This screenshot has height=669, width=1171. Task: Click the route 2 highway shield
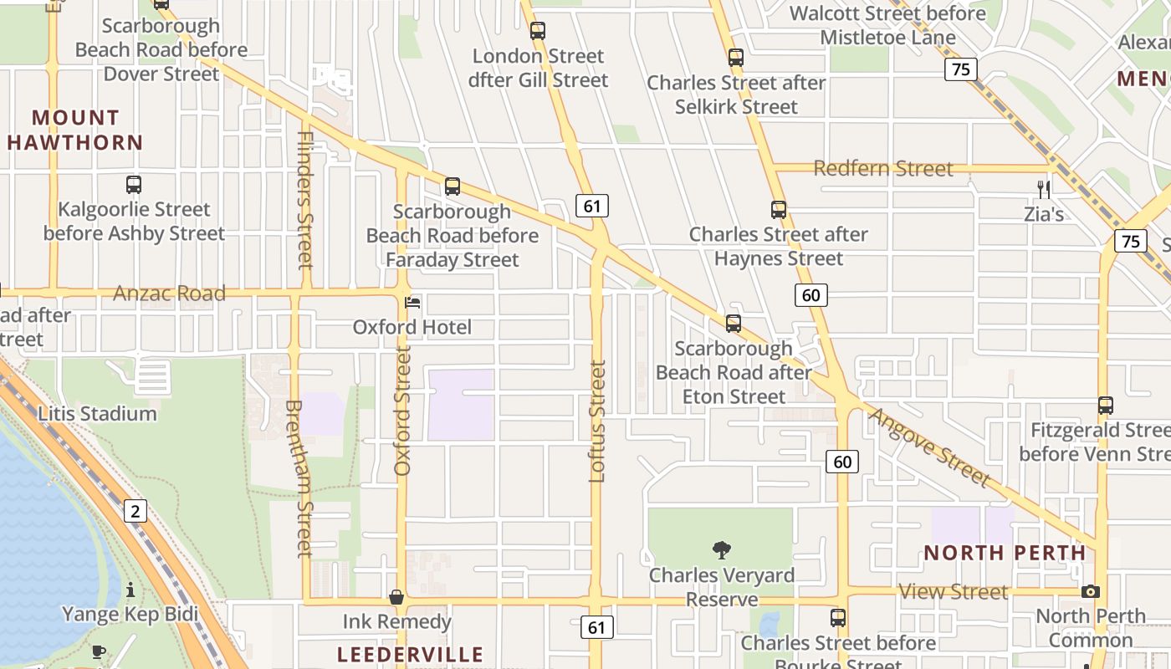tap(136, 510)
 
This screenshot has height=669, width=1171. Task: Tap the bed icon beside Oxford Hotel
tap(412, 302)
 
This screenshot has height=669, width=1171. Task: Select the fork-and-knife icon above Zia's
tap(1043, 189)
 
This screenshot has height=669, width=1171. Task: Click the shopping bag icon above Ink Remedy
tap(396, 597)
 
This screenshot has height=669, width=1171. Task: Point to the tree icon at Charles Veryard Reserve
tap(721, 549)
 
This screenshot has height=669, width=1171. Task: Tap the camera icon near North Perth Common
tap(1090, 591)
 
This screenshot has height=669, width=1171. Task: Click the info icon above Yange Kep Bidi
tap(130, 590)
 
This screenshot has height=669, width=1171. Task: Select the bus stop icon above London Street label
tap(538, 31)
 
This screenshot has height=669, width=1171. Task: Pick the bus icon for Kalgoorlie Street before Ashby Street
tap(134, 184)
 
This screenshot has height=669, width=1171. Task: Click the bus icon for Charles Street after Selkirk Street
tap(736, 58)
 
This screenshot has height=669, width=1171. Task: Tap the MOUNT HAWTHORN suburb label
tap(75, 130)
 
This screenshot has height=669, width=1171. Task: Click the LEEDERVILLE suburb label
tap(411, 654)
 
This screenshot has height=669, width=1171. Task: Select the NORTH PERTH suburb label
tap(1005, 553)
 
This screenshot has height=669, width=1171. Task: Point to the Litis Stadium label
tap(97, 413)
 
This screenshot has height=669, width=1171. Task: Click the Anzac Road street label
tap(170, 294)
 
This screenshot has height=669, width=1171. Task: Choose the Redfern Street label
tap(883, 169)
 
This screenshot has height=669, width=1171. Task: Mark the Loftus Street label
tap(597, 421)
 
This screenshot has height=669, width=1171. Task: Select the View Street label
tap(954, 592)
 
